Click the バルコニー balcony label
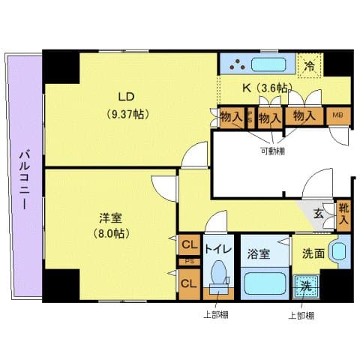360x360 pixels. click(x=23, y=181)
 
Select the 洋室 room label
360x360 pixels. click(x=111, y=218)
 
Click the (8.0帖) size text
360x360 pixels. click(x=111, y=233)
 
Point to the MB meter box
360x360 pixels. click(x=338, y=115)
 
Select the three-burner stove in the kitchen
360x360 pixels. click(x=238, y=64)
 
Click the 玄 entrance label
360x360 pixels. click(x=318, y=214)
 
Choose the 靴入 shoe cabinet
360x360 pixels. click(x=343, y=214)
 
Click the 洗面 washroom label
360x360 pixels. click(x=314, y=253)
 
